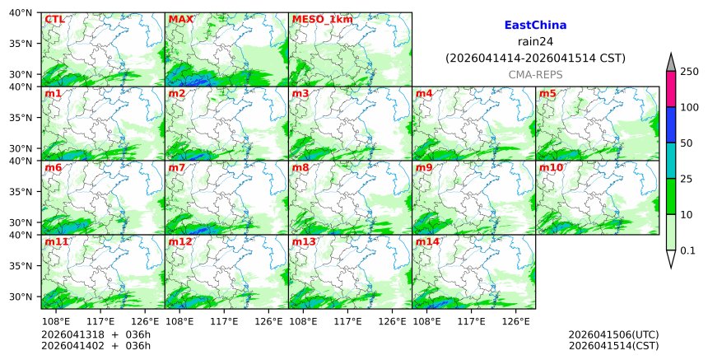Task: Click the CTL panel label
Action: pos(54,19)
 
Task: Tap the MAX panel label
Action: pos(180,19)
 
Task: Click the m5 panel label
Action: pos(547,93)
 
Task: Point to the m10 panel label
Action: pos(551,167)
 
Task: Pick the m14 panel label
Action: pos(426,241)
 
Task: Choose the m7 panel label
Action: pos(177,167)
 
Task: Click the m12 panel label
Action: pos(179,241)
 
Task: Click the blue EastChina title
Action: pos(535,26)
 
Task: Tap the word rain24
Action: pos(535,42)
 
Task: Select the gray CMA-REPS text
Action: pos(535,74)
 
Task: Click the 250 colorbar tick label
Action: pos(689,72)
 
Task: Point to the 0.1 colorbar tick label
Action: pos(688,250)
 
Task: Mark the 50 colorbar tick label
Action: pos(686,143)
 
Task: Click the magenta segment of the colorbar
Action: pos(671,89)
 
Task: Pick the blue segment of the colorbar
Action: pos(671,125)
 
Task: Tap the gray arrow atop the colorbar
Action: pos(671,63)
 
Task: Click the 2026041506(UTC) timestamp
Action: pos(613,334)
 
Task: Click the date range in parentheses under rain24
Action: pos(535,58)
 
